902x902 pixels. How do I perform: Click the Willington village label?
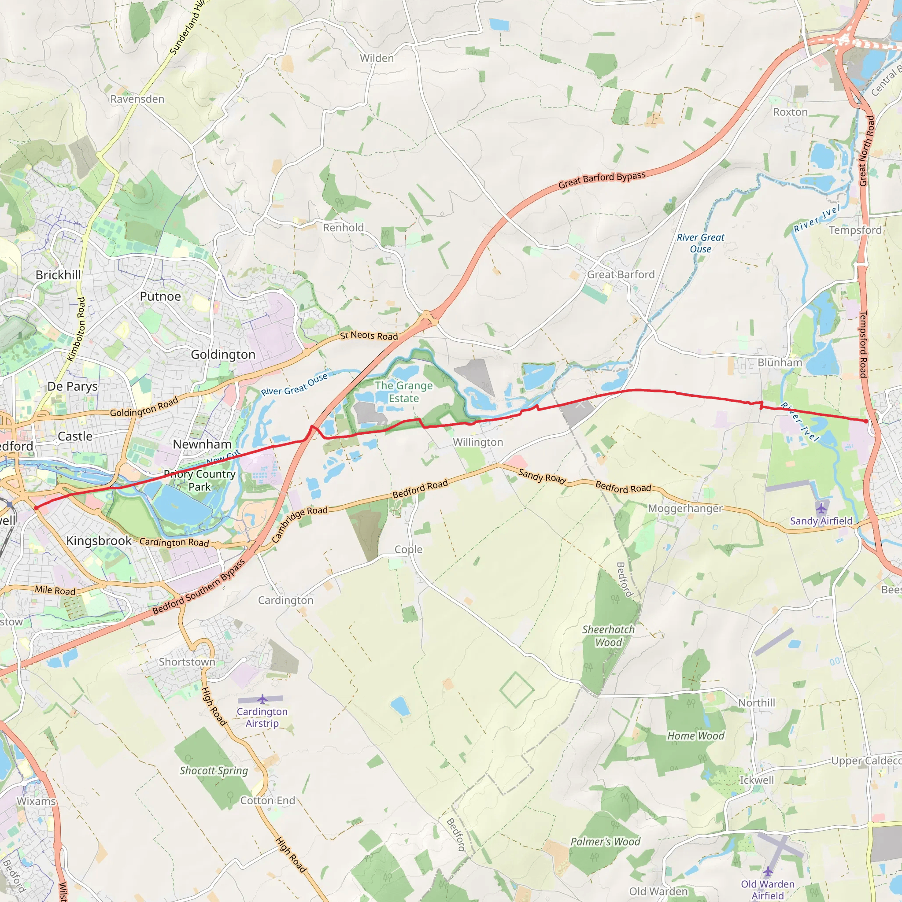(x=477, y=442)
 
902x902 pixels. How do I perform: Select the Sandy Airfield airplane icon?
(x=821, y=507)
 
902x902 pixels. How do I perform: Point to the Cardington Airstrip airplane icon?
(x=262, y=699)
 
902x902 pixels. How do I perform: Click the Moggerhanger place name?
(x=685, y=508)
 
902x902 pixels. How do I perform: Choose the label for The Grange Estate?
(x=404, y=392)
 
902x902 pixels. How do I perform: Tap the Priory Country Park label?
(x=200, y=481)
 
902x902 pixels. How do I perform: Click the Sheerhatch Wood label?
(x=608, y=636)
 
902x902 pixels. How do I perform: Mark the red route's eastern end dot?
(x=866, y=421)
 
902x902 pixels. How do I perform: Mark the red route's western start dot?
(x=36, y=508)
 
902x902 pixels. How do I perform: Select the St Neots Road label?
(x=369, y=336)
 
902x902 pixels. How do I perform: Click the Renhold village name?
(x=343, y=228)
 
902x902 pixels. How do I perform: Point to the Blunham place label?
(x=780, y=363)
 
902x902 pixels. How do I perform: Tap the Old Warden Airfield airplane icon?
(x=768, y=871)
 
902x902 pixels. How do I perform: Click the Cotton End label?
(x=267, y=801)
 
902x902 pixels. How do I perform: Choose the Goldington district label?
(x=223, y=355)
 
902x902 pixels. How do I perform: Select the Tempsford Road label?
(x=863, y=344)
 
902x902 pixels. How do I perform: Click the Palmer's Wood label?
(x=605, y=842)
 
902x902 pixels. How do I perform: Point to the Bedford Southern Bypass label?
(x=199, y=588)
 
